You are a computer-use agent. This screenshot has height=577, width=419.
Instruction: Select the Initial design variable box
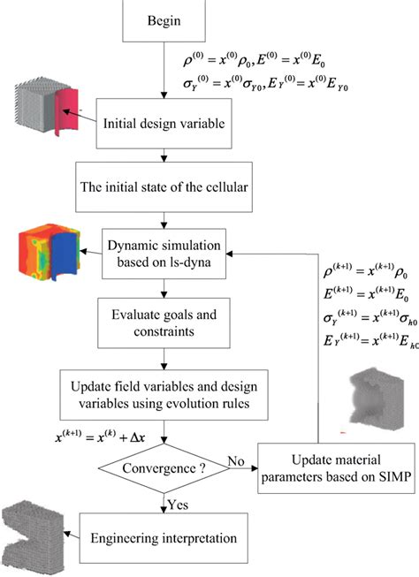(x=164, y=124)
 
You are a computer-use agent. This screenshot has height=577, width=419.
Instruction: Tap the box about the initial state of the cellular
(x=164, y=186)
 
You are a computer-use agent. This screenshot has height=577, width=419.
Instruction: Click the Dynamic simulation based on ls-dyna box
(x=164, y=251)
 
